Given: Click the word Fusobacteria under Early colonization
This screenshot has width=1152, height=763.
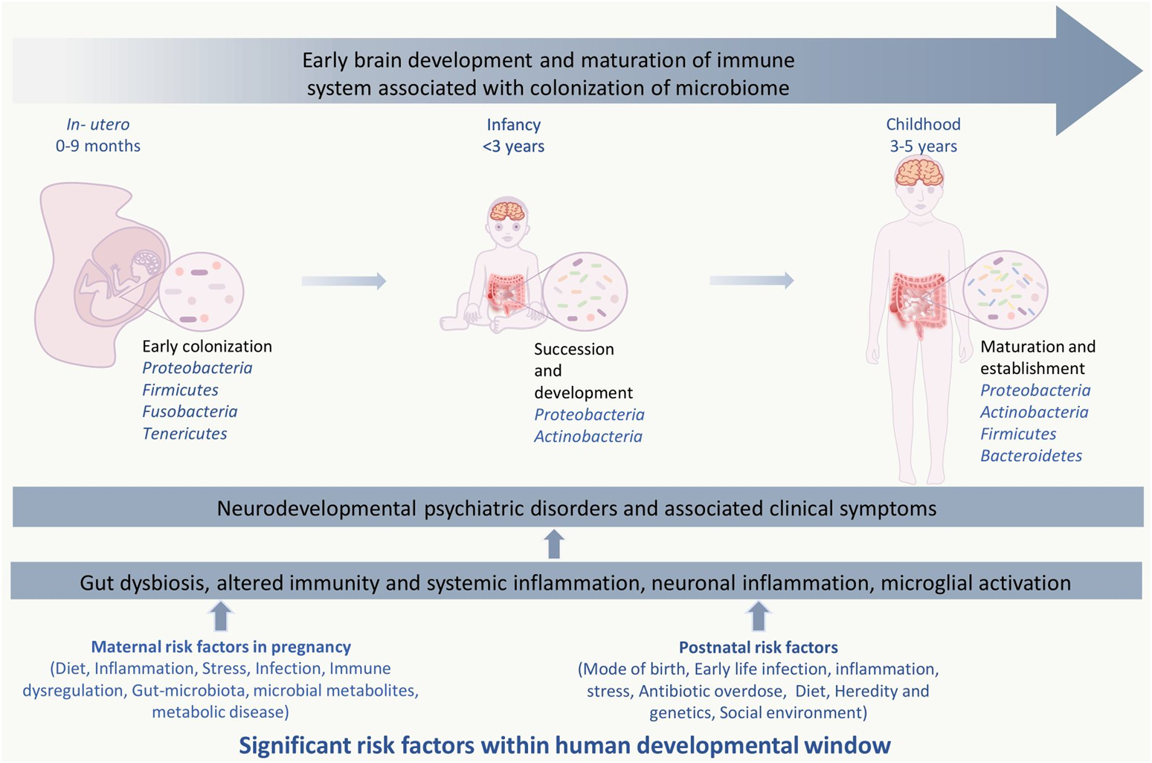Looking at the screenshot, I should pyautogui.click(x=190, y=411).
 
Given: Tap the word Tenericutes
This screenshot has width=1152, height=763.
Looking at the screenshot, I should pyautogui.click(x=184, y=434).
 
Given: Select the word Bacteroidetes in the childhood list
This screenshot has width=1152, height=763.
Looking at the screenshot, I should pyautogui.click(x=1031, y=456).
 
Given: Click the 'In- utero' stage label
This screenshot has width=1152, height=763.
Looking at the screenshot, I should pyautogui.click(x=97, y=124).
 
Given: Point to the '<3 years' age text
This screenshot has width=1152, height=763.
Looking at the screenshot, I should pyautogui.click(x=513, y=147).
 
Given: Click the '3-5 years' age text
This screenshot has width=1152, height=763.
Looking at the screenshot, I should pyautogui.click(x=923, y=147).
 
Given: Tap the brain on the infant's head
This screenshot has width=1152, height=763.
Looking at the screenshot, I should pyautogui.click(x=507, y=211).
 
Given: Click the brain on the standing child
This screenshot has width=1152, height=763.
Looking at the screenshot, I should pyautogui.click(x=920, y=174).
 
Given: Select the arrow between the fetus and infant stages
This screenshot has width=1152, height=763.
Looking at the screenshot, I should pyautogui.click(x=344, y=281).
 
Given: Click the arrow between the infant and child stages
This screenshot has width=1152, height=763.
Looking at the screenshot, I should pyautogui.click(x=751, y=280).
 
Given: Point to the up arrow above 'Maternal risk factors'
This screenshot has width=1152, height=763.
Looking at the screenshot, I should pyautogui.click(x=220, y=616).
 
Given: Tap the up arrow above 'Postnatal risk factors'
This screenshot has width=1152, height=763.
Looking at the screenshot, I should pyautogui.click(x=758, y=616).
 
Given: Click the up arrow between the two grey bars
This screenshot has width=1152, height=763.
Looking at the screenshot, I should pyautogui.click(x=553, y=544).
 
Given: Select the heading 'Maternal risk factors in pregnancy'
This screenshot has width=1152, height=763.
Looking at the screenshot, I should pyautogui.click(x=221, y=647).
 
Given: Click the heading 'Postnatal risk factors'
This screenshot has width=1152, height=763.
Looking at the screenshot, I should pyautogui.click(x=758, y=648).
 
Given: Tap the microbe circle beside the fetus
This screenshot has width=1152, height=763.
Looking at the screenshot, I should pyautogui.click(x=201, y=292).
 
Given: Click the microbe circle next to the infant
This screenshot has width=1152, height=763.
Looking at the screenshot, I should pyautogui.click(x=585, y=292).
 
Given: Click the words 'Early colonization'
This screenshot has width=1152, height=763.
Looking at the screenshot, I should pyautogui.click(x=207, y=347).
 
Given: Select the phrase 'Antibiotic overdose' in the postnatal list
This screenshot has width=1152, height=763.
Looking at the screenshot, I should pyautogui.click(x=710, y=691).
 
